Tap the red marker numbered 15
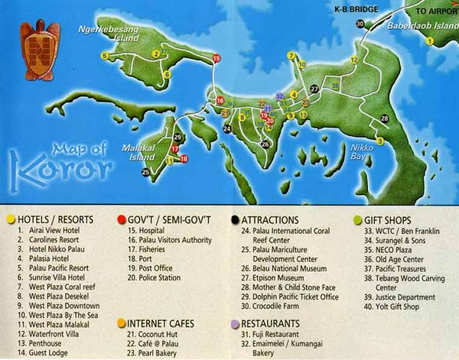point(216,58)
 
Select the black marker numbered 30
point(360,24)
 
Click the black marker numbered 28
point(384,118)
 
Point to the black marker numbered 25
point(145,173)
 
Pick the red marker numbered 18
point(184,158)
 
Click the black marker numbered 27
point(314,89)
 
